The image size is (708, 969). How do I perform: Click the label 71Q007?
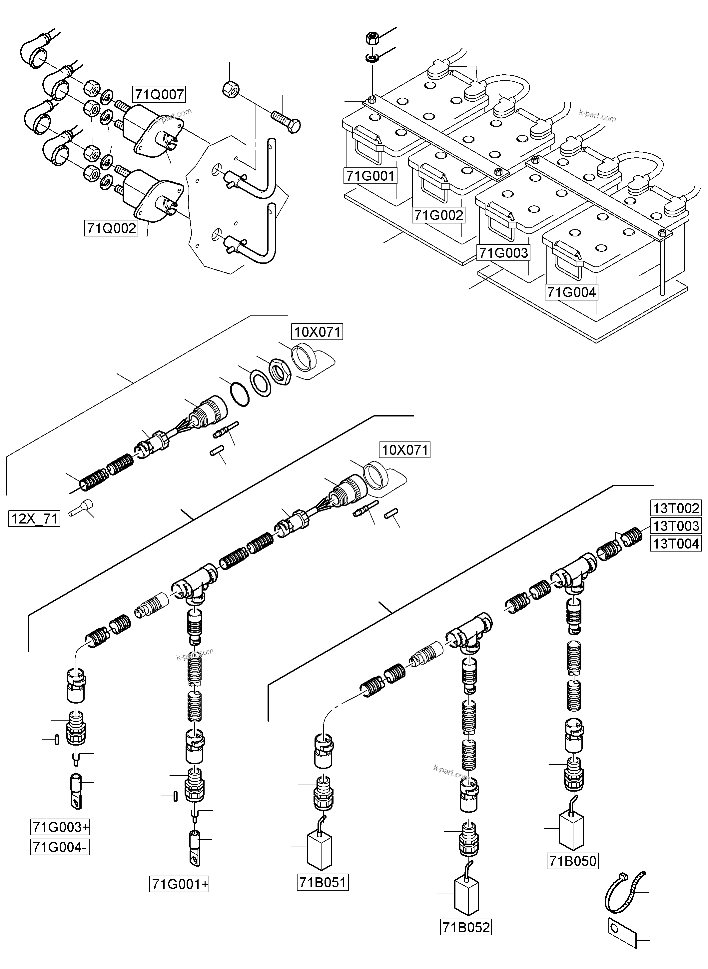click(x=160, y=94)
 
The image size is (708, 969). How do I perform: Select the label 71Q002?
click(x=111, y=228)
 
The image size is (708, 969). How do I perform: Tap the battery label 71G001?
click(x=370, y=176)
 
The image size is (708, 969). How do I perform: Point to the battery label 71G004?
click(x=571, y=292)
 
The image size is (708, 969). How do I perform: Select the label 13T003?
click(x=676, y=526)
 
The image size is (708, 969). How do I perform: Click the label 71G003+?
click(x=60, y=827)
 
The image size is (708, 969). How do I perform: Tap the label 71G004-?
click(x=60, y=847)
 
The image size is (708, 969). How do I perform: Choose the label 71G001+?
click(x=179, y=885)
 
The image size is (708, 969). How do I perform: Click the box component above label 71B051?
click(x=321, y=850)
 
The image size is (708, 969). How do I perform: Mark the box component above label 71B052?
click(x=466, y=897)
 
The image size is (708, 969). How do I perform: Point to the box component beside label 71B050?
click(x=572, y=831)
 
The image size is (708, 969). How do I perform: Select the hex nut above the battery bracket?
click(x=371, y=38)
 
